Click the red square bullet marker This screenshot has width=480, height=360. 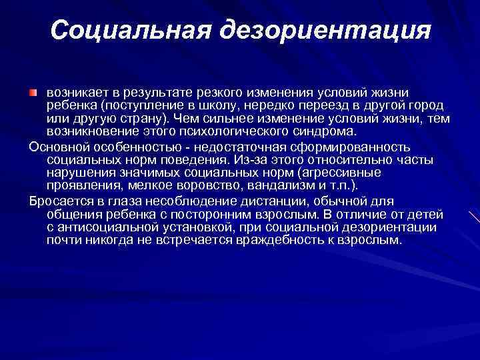(34, 90)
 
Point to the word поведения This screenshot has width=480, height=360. (193, 161)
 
